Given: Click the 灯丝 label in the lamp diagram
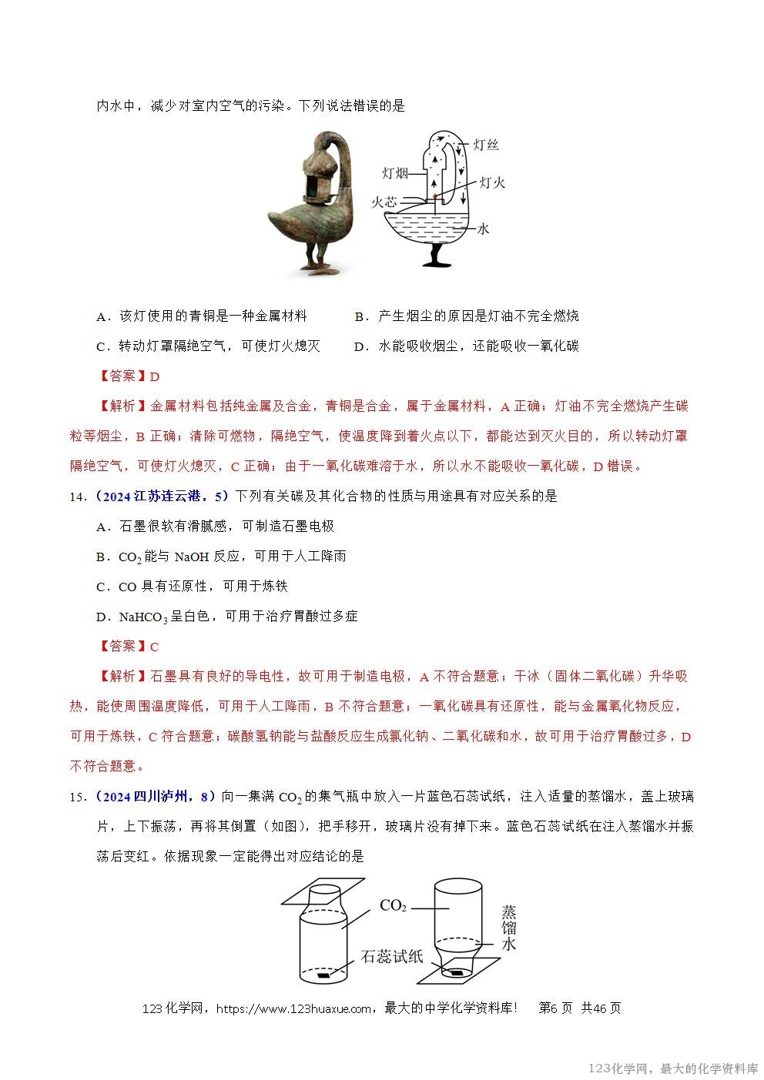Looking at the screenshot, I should tap(485, 145).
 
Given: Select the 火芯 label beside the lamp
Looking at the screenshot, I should tap(384, 202).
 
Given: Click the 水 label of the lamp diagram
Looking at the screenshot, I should tap(484, 229).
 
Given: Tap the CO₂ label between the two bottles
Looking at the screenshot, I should tap(393, 906).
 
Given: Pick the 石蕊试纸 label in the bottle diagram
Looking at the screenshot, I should tap(391, 957).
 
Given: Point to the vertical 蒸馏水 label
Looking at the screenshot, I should tap(508, 928).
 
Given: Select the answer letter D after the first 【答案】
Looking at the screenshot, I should tap(154, 376).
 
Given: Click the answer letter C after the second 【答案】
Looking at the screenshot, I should tap(154, 647).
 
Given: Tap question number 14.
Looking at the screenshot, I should tap(77, 497).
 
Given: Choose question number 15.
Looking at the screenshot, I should tap(77, 797).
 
